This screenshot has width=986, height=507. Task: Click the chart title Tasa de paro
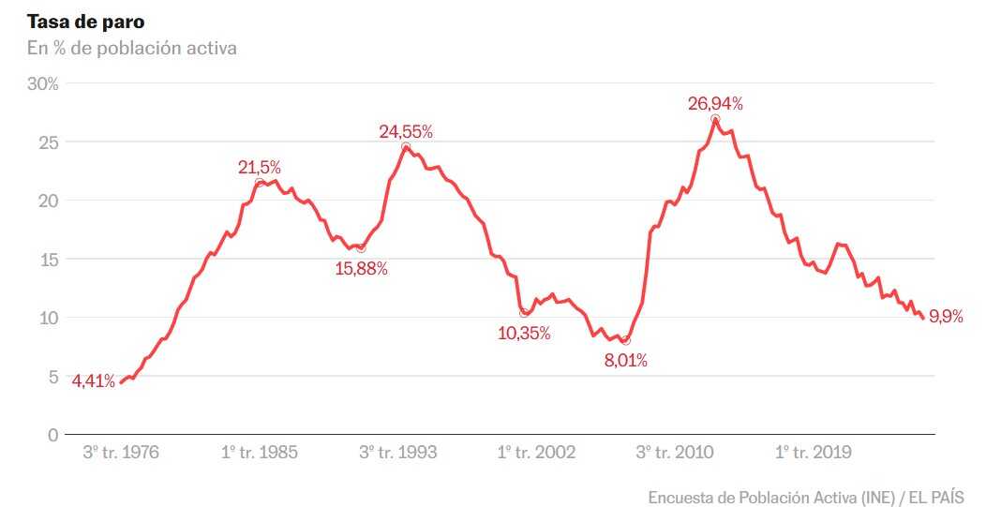[x=79, y=22]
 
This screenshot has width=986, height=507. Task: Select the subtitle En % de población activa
[x=131, y=48]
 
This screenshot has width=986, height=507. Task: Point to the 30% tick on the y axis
[x=42, y=83]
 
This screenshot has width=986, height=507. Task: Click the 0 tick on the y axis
[x=52, y=435]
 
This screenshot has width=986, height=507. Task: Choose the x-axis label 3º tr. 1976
[x=121, y=453]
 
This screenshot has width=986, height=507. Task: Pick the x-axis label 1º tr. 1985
[x=260, y=453]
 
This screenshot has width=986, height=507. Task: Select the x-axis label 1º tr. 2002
[x=537, y=453]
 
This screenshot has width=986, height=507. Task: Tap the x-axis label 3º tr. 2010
[x=676, y=453]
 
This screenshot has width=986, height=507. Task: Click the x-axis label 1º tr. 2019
[x=814, y=453]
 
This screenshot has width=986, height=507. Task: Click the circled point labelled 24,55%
[x=406, y=147]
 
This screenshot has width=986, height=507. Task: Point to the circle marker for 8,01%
[x=626, y=340]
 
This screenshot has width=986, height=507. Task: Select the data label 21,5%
[x=260, y=168]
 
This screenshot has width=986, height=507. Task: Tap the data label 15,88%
[x=361, y=269]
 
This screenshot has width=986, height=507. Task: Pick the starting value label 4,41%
[x=94, y=381]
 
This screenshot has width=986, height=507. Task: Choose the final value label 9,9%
[x=946, y=318]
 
